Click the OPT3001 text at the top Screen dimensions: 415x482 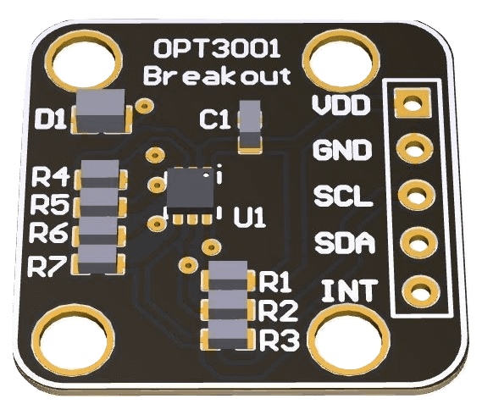215,47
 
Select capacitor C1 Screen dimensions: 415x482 250,124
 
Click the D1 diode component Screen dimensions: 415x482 101,112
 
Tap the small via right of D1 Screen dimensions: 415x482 145,107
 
